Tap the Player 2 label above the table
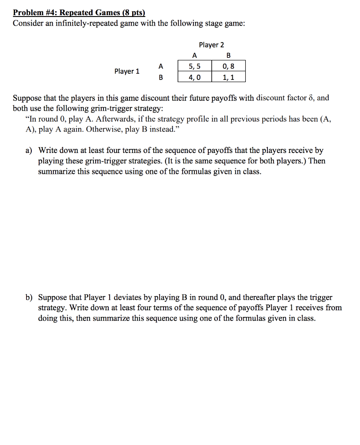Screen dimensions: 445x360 tap(211, 45)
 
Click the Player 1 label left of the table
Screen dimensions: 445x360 tap(127, 71)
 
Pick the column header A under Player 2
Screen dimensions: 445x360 tap(194, 56)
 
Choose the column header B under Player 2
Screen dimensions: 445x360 tap(229, 56)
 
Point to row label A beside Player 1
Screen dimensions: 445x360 tap(161, 66)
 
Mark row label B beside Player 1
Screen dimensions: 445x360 tap(161, 77)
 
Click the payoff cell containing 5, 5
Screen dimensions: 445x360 tap(194, 66)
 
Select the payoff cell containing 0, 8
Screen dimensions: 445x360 tap(228, 66)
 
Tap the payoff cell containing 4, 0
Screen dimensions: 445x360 tap(194, 77)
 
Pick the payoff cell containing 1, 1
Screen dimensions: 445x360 tap(228, 77)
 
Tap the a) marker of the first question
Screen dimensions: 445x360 tap(29, 151)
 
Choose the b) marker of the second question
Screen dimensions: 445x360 tap(29, 298)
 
